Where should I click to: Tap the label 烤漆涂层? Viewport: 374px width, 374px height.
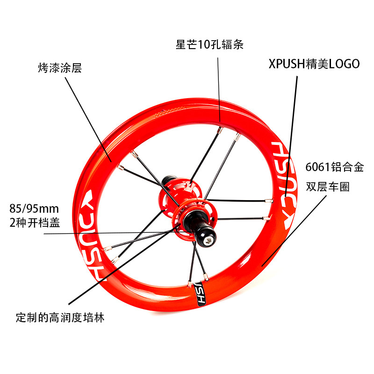[59, 68]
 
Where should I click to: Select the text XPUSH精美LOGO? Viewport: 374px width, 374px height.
[314, 64]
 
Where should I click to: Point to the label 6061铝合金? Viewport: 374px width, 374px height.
[334, 167]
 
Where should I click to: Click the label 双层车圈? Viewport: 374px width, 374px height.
[327, 187]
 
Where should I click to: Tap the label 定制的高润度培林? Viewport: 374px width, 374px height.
[60, 318]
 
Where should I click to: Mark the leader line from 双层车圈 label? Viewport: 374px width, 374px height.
[295, 229]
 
